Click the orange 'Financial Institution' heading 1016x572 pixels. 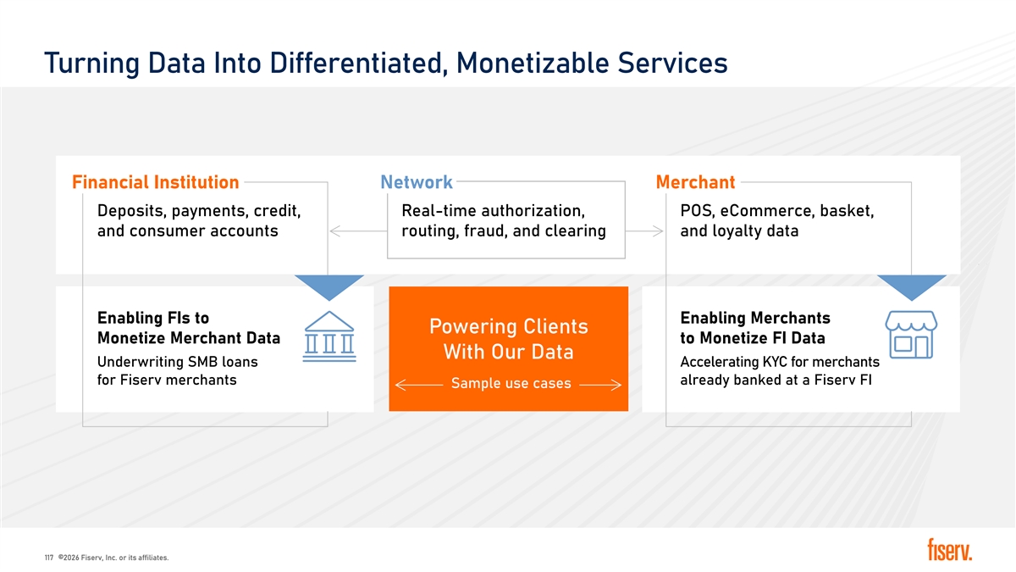point(155,182)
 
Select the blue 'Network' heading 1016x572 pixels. point(417,182)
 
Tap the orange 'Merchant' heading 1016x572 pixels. point(695,182)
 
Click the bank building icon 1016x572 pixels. point(329,336)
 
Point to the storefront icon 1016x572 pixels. point(911,335)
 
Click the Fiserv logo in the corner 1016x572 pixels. point(949,550)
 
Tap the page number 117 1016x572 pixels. point(49,558)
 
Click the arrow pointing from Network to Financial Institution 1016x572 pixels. point(358,231)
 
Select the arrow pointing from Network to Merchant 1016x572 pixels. point(644,231)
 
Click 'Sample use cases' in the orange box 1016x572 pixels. point(511,383)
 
